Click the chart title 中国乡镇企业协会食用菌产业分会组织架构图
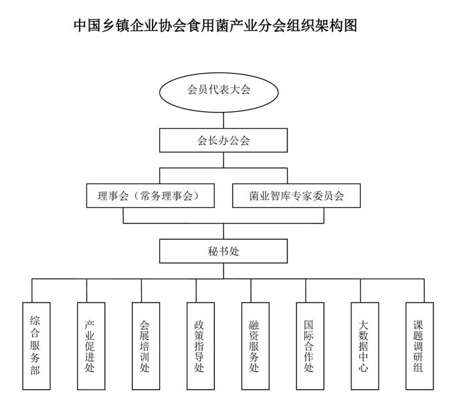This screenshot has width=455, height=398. click(x=215, y=25)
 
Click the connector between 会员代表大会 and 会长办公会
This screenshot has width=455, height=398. click(x=223, y=121)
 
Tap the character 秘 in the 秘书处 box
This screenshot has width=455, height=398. click(x=213, y=251)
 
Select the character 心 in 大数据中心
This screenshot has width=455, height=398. click(x=363, y=368)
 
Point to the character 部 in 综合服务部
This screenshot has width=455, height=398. click(x=35, y=370)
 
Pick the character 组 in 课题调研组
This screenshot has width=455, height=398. click(x=418, y=368)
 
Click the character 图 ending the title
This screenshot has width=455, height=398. click(x=350, y=25)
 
